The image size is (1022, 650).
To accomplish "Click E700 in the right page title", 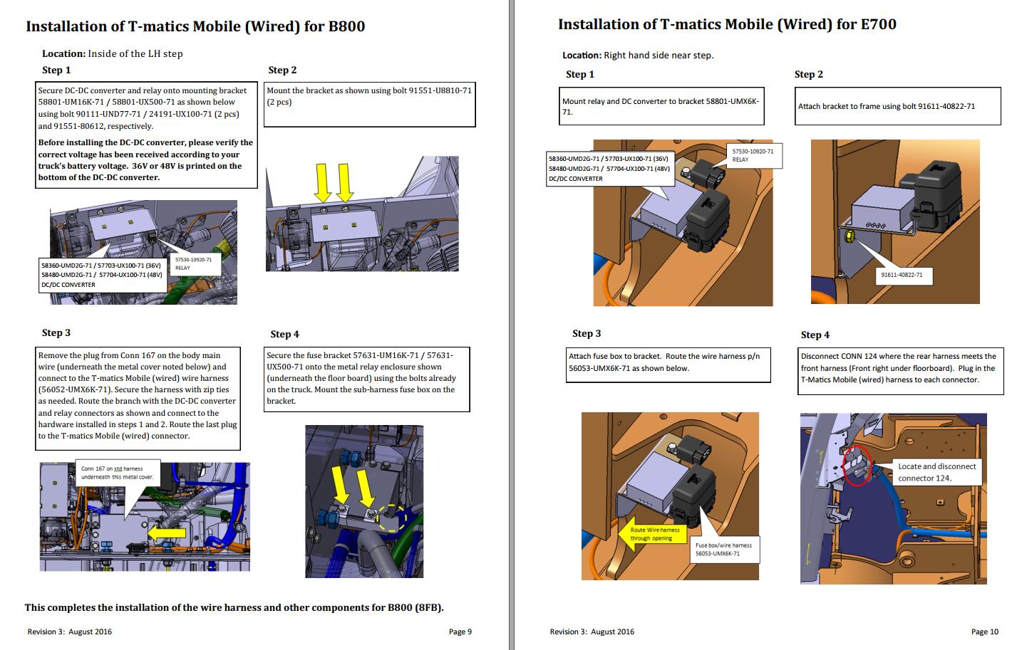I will [x=878, y=24].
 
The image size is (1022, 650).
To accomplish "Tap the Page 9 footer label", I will [x=460, y=631].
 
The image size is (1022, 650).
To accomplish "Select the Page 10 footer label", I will [x=984, y=631].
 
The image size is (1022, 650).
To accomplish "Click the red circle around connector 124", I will [x=857, y=467].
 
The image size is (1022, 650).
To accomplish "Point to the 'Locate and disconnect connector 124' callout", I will [x=936, y=472].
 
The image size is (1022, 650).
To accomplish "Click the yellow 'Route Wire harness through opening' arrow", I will [x=652, y=534].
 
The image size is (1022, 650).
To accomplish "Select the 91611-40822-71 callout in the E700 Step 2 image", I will [x=901, y=275].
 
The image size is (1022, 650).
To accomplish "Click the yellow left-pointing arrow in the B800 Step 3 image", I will [x=166, y=531].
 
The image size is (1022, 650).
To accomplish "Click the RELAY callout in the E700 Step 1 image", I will [x=752, y=155].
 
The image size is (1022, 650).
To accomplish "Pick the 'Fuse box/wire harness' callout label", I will [x=723, y=549].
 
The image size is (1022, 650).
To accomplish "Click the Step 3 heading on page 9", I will [x=56, y=332].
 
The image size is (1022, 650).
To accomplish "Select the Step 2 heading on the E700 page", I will [x=808, y=74].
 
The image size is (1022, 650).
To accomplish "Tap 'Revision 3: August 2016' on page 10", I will [x=592, y=631].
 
